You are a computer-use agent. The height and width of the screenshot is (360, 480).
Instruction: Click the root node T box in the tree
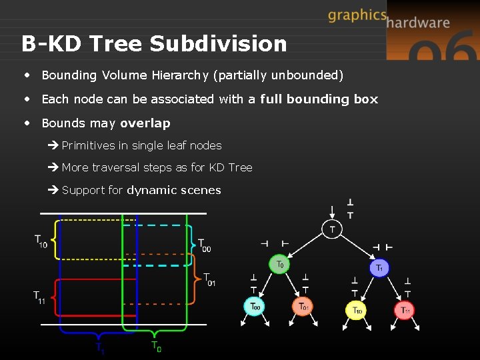coord(332,229)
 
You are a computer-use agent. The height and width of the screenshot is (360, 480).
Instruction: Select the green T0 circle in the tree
coord(280,264)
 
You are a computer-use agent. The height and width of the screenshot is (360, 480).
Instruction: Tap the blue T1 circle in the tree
coord(379,267)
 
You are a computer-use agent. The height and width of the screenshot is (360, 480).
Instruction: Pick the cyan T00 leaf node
coord(255,307)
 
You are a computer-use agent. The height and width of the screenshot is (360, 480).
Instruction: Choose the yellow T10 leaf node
coord(357,309)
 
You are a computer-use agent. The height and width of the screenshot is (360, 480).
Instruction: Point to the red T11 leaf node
coord(405,310)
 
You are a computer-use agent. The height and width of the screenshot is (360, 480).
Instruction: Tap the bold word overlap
coord(145,123)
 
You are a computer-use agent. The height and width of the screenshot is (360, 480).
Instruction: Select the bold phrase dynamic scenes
coord(173,190)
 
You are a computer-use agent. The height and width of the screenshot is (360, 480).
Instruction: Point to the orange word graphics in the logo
coord(357,15)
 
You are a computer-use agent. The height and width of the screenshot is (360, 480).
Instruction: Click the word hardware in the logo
coord(418,23)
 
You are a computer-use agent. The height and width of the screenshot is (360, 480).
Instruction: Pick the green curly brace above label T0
coord(155,334)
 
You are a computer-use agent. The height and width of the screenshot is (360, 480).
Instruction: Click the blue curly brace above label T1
coord(99,335)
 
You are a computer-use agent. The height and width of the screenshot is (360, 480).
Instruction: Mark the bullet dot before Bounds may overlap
coord(27,123)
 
